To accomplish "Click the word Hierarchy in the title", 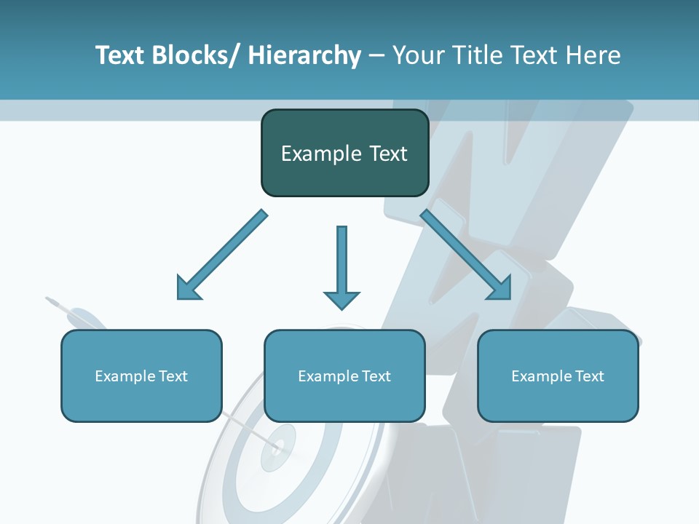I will [304, 55].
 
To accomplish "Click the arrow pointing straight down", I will [341, 262].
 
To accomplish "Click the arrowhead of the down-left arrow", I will [186, 290].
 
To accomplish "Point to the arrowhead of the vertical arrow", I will [341, 299].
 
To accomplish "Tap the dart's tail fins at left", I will [54, 301].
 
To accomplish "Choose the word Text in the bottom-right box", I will [588, 376].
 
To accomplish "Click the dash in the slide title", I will [376, 56].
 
